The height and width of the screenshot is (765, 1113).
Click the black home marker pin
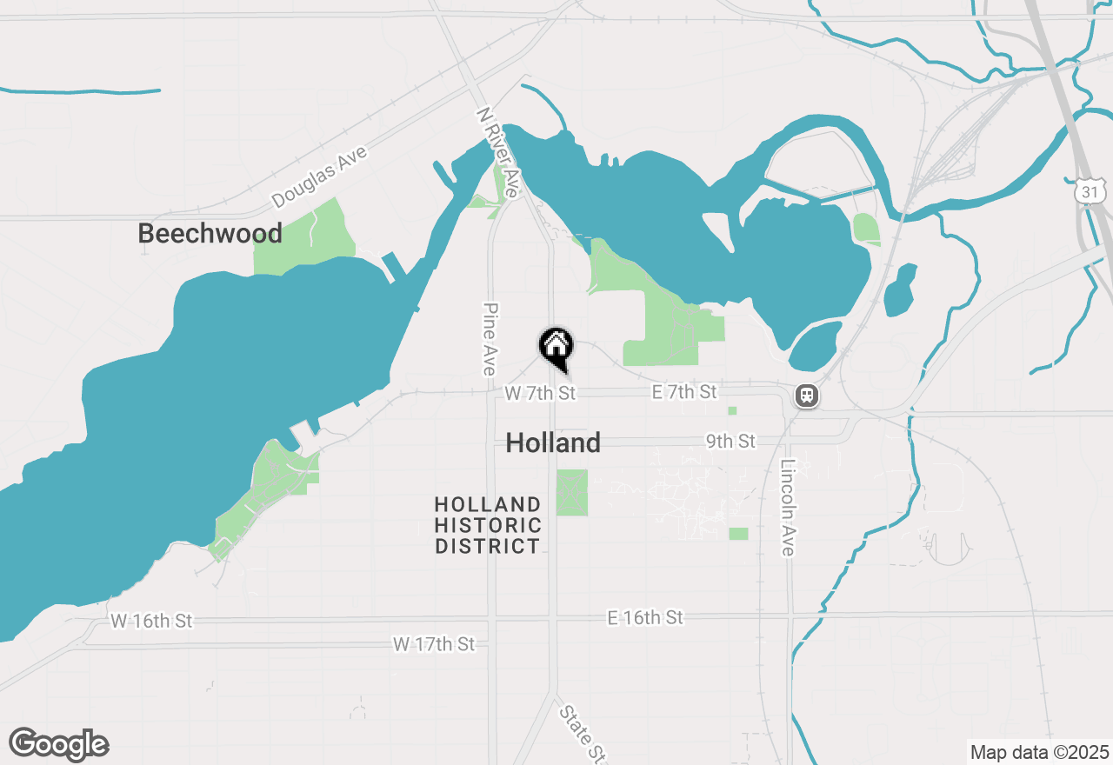(x=556, y=346)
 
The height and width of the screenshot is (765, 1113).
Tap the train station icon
(x=807, y=396)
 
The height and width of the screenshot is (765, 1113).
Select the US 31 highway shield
(x=1090, y=191)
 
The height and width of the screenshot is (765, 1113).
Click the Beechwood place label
(x=210, y=233)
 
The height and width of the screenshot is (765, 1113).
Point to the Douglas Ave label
(x=319, y=176)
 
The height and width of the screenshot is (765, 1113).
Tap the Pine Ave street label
(x=490, y=339)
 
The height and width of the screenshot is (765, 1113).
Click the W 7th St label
(x=540, y=394)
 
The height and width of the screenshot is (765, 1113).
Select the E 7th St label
(x=684, y=393)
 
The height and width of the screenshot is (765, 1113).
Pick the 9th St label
(x=730, y=442)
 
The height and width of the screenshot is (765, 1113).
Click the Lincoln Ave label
(x=788, y=508)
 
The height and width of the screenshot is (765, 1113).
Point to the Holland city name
(x=553, y=443)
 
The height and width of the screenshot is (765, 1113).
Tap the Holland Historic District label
(x=488, y=525)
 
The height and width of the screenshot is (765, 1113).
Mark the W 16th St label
(x=151, y=622)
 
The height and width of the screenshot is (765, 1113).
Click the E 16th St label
(x=645, y=618)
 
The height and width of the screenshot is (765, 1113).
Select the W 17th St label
(x=434, y=644)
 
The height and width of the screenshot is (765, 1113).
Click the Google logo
(x=59, y=744)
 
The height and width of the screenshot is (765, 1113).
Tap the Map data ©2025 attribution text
(x=1039, y=752)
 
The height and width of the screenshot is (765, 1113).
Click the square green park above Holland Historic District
(x=571, y=492)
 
